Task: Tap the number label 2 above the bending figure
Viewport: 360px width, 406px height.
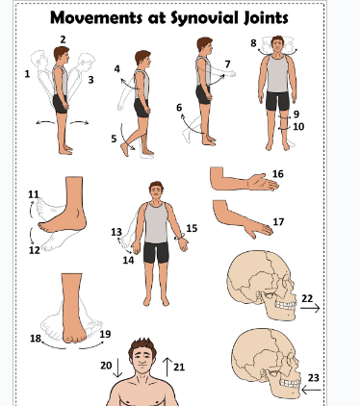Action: [63, 39]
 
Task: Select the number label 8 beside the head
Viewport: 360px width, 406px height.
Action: [253, 43]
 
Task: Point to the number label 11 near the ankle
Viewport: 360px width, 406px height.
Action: [34, 194]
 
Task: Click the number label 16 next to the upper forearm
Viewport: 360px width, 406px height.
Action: [277, 174]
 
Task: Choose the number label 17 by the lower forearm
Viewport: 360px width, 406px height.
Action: [278, 222]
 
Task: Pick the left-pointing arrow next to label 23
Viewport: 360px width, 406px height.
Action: [310, 391]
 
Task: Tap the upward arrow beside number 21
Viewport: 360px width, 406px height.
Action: [168, 367]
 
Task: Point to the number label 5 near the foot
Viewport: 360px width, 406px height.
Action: [114, 139]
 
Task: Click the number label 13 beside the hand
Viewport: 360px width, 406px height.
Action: [116, 232]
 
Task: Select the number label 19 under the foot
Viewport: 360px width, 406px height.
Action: [105, 334]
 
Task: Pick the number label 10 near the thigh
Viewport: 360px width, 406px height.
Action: [297, 126]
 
